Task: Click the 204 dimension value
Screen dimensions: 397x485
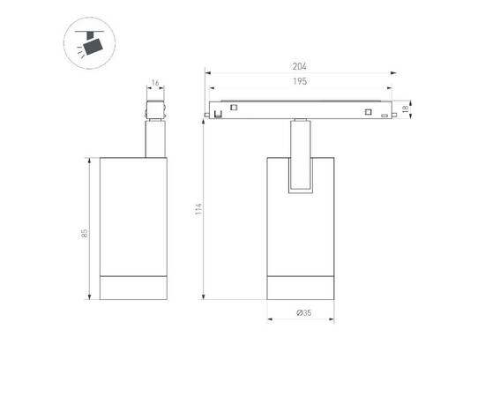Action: [300, 66]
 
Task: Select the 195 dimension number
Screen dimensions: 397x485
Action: [300, 81]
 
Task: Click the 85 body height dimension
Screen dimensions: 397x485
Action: [85, 233]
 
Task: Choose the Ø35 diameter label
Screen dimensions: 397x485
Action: [300, 313]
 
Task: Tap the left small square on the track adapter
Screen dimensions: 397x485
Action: [235, 108]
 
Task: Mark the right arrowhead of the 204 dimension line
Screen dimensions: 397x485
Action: [399, 73]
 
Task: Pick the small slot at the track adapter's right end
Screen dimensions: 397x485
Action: [386, 114]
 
